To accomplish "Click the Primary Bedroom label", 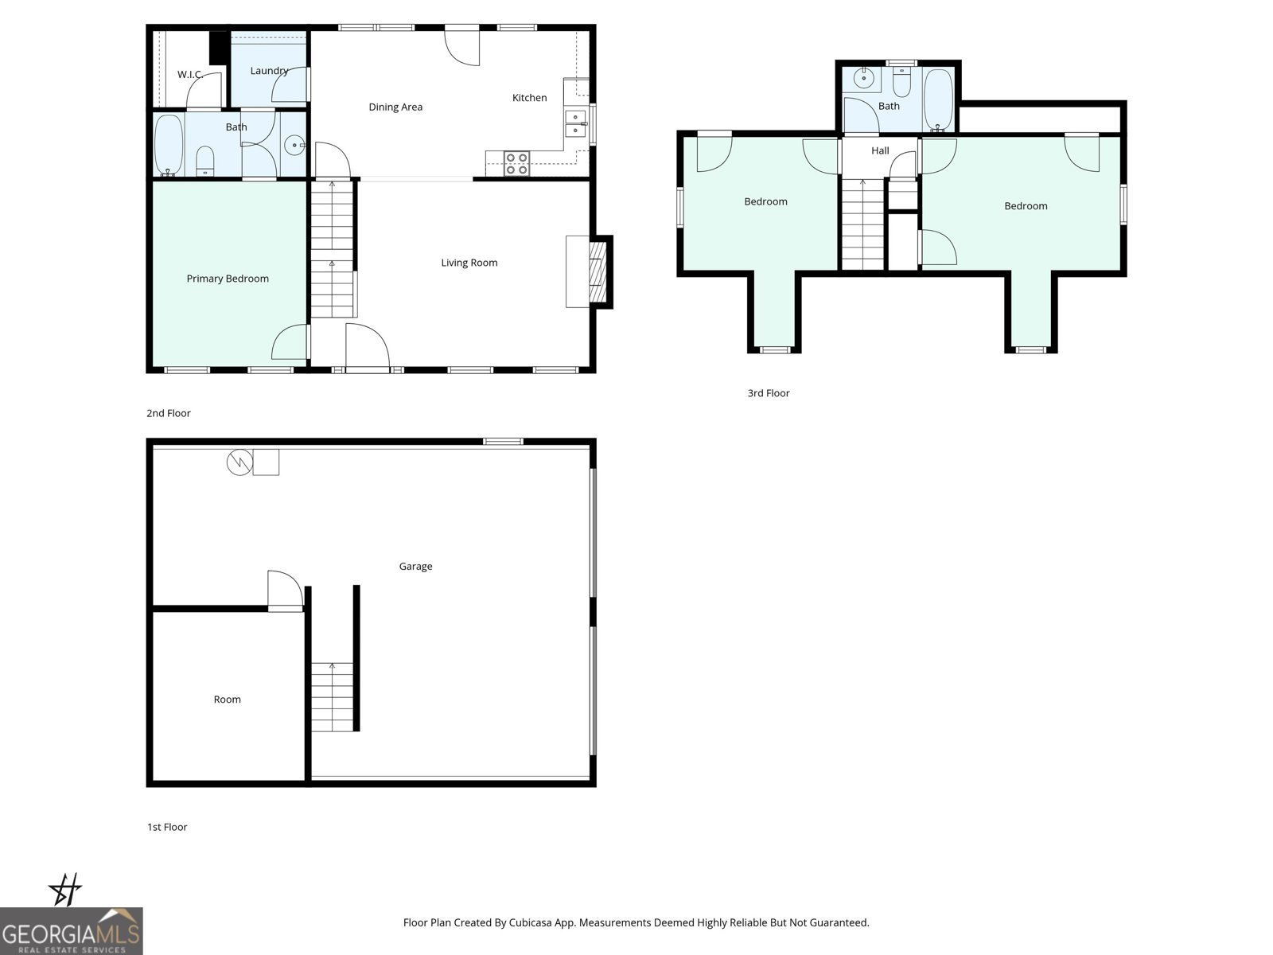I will click(x=228, y=279).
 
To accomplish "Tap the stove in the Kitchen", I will click(x=516, y=162).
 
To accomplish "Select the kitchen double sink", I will click(x=574, y=123).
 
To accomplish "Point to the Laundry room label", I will click(x=269, y=71).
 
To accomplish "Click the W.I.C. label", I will click(x=189, y=75).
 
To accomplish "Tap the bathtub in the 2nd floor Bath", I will click(x=168, y=145).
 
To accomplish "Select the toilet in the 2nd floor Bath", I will click(x=204, y=160).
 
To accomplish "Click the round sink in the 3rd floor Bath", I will click(x=863, y=78).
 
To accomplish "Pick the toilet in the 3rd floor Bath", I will click(x=901, y=82).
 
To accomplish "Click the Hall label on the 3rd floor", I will click(x=880, y=150).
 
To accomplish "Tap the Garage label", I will click(x=415, y=567).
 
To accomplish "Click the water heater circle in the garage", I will click(x=239, y=462).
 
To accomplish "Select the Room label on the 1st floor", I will click(x=227, y=700).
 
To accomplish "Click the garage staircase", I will click(x=332, y=696).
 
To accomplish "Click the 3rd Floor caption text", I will click(x=768, y=393).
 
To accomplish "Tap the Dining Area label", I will click(x=395, y=107).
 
